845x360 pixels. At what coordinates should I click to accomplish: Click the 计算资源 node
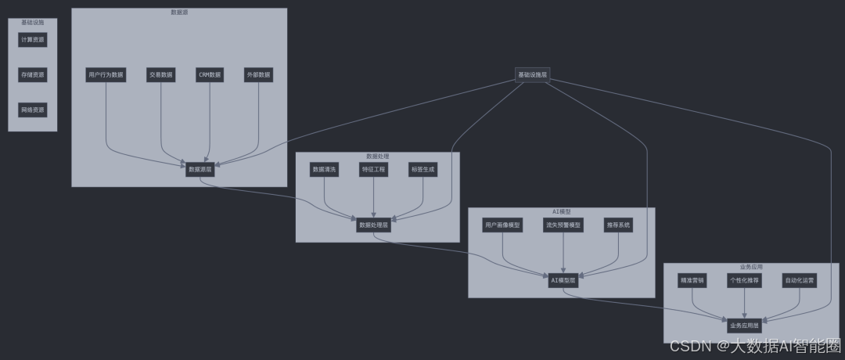(33, 39)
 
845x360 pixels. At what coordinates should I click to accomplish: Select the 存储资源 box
(33, 74)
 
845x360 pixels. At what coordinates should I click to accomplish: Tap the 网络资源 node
(33, 110)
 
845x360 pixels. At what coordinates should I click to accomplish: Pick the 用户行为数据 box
(106, 75)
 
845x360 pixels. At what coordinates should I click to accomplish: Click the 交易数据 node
(160, 75)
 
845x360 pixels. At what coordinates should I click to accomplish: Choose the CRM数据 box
(210, 75)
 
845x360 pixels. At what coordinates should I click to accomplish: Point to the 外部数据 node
(258, 75)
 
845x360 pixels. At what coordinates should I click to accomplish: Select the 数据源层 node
(200, 169)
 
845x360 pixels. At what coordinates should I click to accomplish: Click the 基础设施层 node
(533, 75)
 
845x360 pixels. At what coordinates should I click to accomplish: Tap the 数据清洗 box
(325, 169)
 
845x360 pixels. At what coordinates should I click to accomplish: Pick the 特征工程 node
(374, 169)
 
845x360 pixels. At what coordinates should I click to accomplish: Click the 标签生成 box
(422, 169)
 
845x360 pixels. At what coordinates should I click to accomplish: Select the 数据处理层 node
(373, 225)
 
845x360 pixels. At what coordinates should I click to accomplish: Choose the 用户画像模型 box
(502, 225)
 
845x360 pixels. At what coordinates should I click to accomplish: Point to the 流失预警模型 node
(563, 225)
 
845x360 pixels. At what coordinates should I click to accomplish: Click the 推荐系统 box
(618, 225)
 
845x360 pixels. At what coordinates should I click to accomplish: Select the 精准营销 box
(692, 280)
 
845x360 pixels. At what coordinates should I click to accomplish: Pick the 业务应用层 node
(744, 325)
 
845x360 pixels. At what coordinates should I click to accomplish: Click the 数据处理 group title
(377, 157)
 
